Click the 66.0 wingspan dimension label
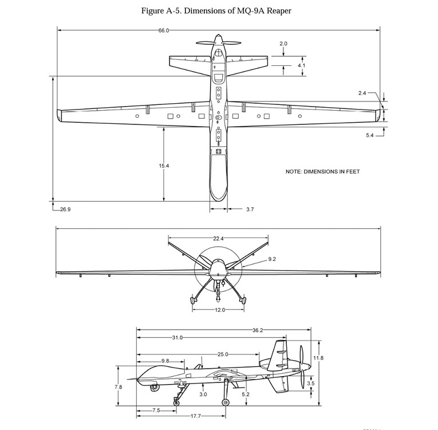(164, 30)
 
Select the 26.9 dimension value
(65, 209)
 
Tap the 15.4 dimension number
(164, 166)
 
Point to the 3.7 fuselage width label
(250, 209)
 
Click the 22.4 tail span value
(218, 239)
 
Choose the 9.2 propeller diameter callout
(272, 259)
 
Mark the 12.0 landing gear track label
(220, 310)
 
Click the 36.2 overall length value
(258, 330)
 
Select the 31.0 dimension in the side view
(177, 338)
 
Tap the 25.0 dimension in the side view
(223, 355)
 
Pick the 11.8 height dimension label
(318, 358)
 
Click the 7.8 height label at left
(118, 387)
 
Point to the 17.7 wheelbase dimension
(196, 416)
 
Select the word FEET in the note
(353, 171)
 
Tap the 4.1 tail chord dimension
(301, 65)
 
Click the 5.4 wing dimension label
(369, 135)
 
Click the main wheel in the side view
(226, 402)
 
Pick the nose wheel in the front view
(218, 300)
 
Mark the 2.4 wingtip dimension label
(362, 93)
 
